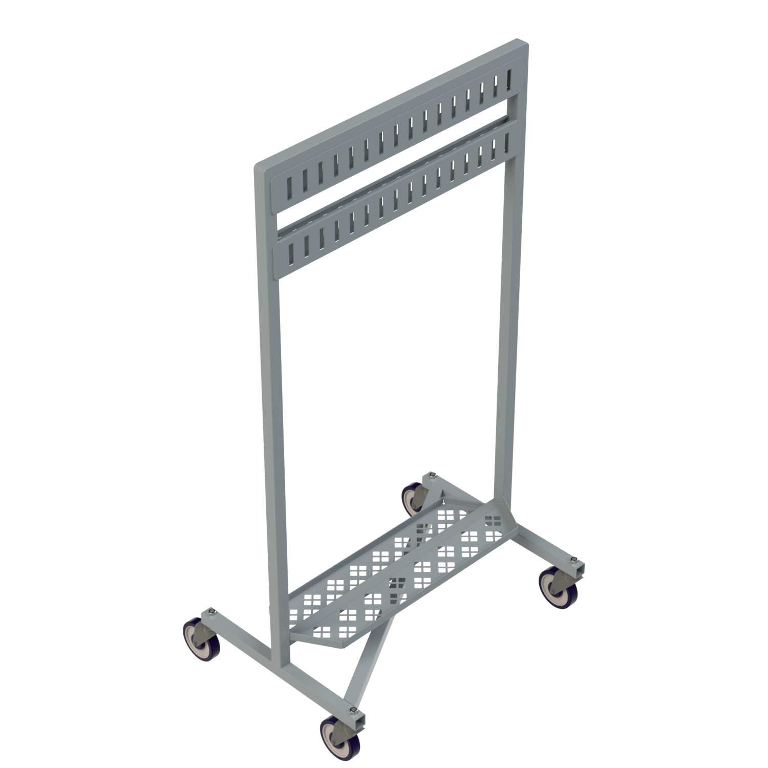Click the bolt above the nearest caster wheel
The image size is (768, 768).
353,709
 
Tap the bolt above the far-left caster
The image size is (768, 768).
211,611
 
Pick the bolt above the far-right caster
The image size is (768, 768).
575,559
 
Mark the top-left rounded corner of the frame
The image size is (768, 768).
259,166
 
